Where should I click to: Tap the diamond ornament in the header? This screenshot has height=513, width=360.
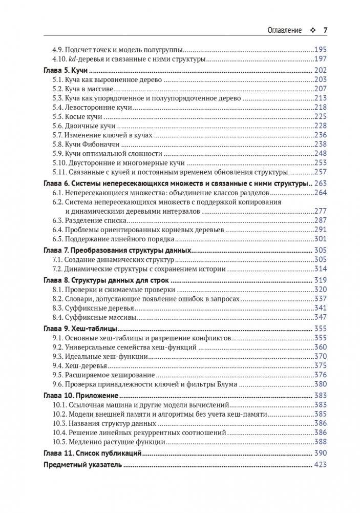click(312, 30)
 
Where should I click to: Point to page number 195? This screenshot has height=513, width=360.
click(320, 51)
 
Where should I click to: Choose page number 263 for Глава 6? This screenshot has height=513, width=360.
click(320, 183)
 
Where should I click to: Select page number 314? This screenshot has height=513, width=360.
click(320, 269)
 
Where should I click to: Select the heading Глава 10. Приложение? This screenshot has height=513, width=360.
click(80, 396)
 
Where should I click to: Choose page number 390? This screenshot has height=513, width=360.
click(320, 454)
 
